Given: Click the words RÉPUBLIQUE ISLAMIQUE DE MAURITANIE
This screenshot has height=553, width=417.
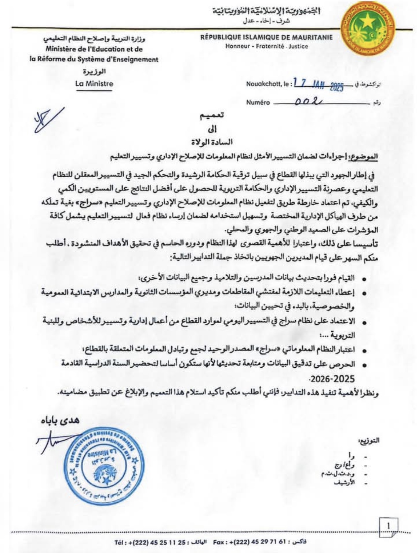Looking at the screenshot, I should tap(266, 37).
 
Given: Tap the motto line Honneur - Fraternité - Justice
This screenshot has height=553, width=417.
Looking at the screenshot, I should tap(266, 46).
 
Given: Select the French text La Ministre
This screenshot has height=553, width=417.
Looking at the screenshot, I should tap(94, 84).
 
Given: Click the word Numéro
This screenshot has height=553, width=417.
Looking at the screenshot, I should tap(258, 103).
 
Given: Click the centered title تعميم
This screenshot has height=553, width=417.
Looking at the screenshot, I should tap(212, 115).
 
